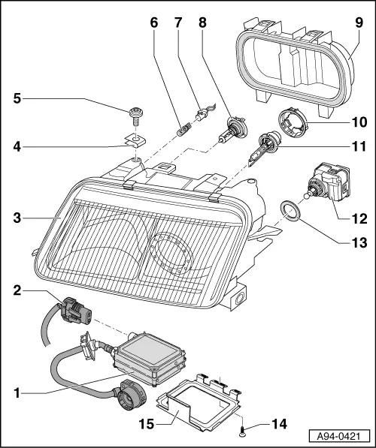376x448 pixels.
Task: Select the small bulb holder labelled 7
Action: pos(204,116)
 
